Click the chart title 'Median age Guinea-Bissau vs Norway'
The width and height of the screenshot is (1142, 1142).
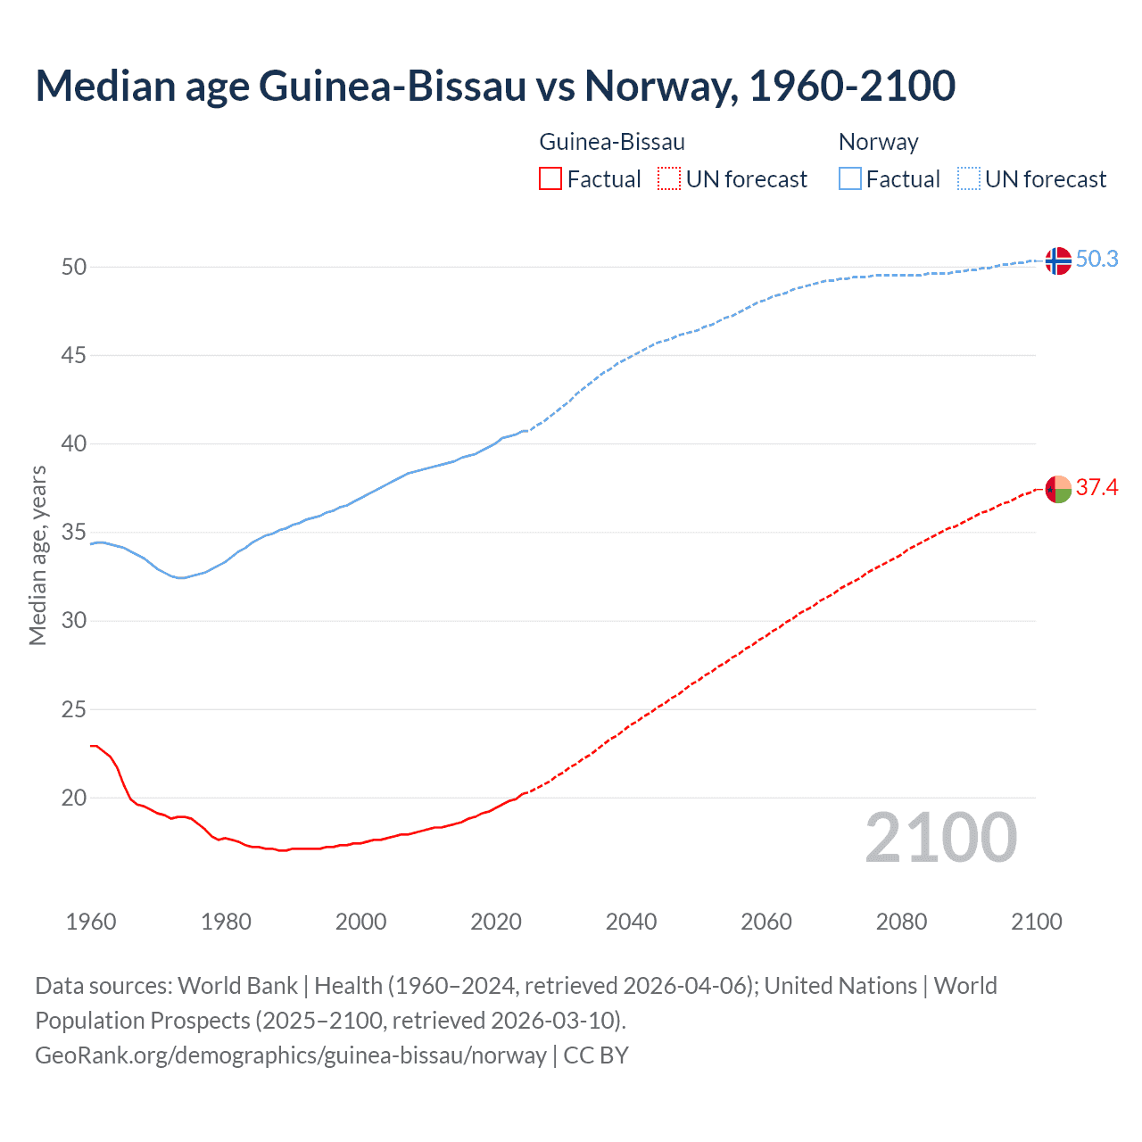point(495,86)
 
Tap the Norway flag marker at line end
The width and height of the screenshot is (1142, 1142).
point(1057,261)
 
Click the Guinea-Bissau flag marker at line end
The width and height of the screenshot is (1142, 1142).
point(1057,489)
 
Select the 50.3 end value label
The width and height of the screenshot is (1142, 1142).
point(1096,259)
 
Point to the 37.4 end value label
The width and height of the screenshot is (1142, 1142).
point(1096,487)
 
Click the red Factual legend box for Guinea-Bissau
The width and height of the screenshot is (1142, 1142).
point(550,179)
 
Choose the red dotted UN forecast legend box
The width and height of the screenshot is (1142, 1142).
point(669,179)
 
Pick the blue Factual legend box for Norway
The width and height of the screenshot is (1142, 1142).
point(850,179)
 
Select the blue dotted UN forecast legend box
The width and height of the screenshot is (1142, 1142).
point(969,179)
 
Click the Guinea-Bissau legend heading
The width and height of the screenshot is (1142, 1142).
point(612,142)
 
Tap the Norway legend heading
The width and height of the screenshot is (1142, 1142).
point(878,142)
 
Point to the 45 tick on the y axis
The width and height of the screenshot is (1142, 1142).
point(74,355)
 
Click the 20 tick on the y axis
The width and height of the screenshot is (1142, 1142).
point(74,798)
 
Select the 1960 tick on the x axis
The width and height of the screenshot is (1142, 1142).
point(91,922)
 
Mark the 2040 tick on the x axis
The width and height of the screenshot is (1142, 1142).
point(631,922)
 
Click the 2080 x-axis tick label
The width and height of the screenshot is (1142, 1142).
point(901,922)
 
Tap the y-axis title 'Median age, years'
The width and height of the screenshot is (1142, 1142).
point(37,555)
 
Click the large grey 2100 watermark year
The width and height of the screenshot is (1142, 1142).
point(940,837)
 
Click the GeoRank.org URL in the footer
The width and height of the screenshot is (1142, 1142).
point(290,1055)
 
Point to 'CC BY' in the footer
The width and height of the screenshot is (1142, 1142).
point(596,1055)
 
